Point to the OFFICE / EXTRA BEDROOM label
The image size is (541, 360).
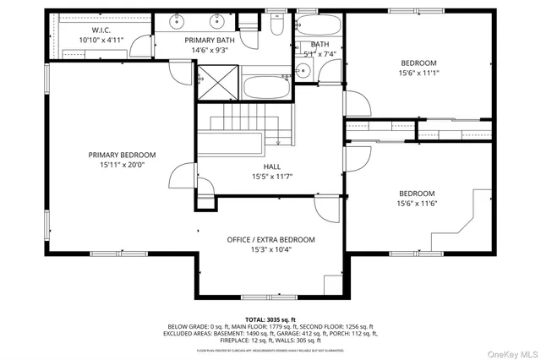pyautogui.click(x=270, y=240)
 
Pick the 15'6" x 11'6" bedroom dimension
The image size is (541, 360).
pyautogui.click(x=418, y=203)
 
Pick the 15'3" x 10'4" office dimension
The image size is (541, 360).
pyautogui.click(x=270, y=250)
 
